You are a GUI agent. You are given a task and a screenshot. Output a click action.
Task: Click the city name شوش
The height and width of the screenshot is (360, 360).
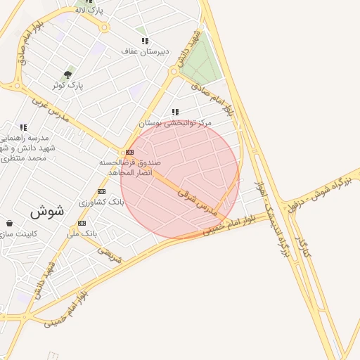[47, 210]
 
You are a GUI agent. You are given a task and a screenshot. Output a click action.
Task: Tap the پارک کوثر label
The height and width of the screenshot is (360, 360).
[67, 85]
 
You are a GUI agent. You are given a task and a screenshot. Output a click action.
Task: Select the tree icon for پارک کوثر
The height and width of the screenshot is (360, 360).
[67, 74]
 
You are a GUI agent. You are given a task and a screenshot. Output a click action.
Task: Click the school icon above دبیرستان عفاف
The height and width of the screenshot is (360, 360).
[145, 41]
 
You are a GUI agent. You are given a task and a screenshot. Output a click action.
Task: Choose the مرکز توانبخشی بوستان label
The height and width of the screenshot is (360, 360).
[176, 122]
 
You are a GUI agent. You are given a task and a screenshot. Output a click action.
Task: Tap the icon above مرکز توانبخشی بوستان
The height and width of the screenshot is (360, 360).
[175, 112]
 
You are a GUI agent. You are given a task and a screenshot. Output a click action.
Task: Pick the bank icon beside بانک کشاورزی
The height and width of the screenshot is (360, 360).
[101, 191]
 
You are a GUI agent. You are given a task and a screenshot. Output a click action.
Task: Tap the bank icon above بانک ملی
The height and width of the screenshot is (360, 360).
[82, 223]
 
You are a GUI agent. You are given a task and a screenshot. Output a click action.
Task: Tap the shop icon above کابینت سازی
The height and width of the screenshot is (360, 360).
[8, 223]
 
